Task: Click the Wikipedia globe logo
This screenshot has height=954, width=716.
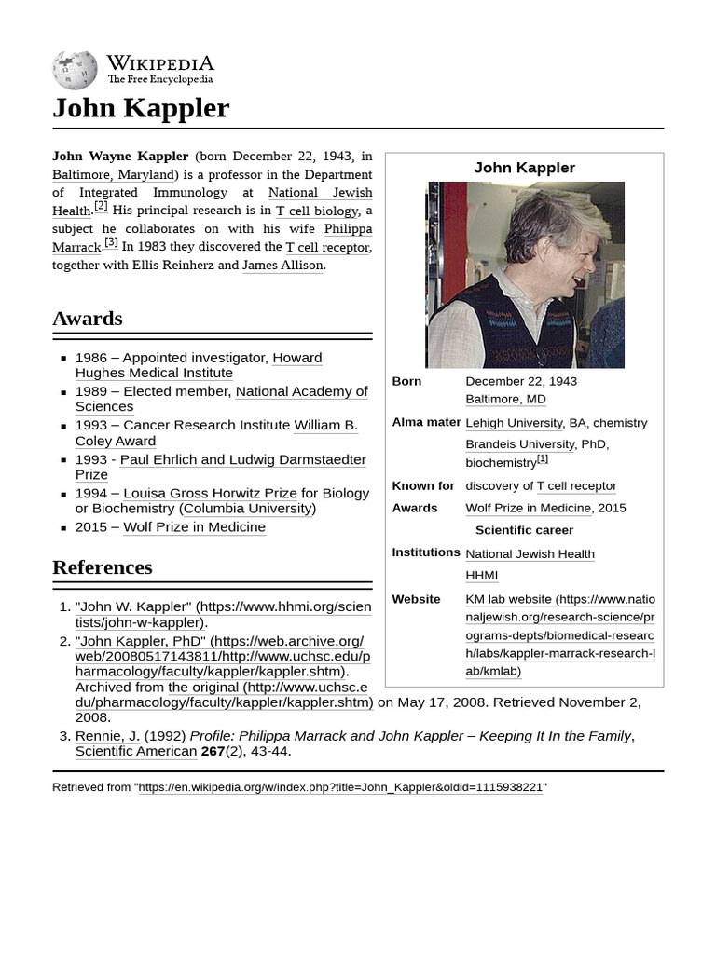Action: pyautogui.click(x=75, y=70)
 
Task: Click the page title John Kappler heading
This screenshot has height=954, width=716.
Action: pyautogui.click(x=141, y=108)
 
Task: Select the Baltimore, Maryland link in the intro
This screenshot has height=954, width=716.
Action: pyautogui.click(x=113, y=174)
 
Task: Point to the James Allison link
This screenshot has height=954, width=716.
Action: pyautogui.click(x=282, y=265)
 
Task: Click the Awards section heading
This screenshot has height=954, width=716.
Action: pyautogui.click(x=88, y=319)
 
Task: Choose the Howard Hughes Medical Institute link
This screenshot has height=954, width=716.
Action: pyautogui.click(x=199, y=365)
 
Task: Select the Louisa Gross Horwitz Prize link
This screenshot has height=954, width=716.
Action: pyautogui.click(x=210, y=493)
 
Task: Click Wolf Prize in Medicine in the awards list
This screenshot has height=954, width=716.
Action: pyautogui.click(x=194, y=527)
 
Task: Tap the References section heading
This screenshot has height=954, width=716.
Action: pyautogui.click(x=102, y=567)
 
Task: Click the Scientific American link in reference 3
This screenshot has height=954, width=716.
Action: pyautogui.click(x=136, y=751)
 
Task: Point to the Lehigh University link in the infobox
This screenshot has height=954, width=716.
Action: pyautogui.click(x=514, y=423)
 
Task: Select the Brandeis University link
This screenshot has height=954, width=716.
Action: pyautogui.click(x=519, y=444)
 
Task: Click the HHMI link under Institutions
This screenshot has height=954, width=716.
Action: pyautogui.click(x=481, y=576)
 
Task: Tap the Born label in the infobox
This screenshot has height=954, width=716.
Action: pyautogui.click(x=406, y=381)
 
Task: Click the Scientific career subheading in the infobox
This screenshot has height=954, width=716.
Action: pyautogui.click(x=524, y=530)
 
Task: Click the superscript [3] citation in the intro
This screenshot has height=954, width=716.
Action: pyautogui.click(x=111, y=242)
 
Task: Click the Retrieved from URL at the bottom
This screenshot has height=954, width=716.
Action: pyautogui.click(x=340, y=787)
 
